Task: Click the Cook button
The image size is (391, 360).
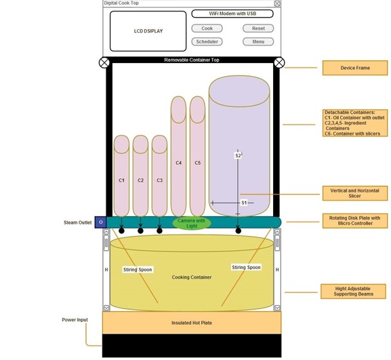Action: [207, 28]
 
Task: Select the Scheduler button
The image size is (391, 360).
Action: [207, 41]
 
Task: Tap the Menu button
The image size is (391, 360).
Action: [258, 41]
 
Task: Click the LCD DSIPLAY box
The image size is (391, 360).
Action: [148, 31]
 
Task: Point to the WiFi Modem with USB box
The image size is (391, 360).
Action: [232, 14]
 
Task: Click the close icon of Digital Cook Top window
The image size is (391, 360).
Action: [277, 3]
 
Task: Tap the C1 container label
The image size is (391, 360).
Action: [122, 180]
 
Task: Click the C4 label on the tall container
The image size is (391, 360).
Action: [178, 163]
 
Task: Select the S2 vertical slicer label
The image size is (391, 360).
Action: [238, 156]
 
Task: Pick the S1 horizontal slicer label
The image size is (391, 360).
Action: [244, 203]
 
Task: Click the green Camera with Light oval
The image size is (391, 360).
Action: [192, 223]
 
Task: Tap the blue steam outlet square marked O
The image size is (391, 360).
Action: [101, 222]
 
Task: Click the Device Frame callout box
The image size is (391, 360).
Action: [355, 68]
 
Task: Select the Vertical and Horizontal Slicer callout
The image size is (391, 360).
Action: [355, 193]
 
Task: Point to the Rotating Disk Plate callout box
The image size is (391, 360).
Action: [355, 221]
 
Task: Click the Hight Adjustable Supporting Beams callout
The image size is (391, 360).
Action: [353, 292]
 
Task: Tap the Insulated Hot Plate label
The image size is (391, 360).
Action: [192, 323]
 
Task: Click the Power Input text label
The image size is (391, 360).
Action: [75, 320]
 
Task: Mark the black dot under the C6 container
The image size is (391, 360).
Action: [238, 231]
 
